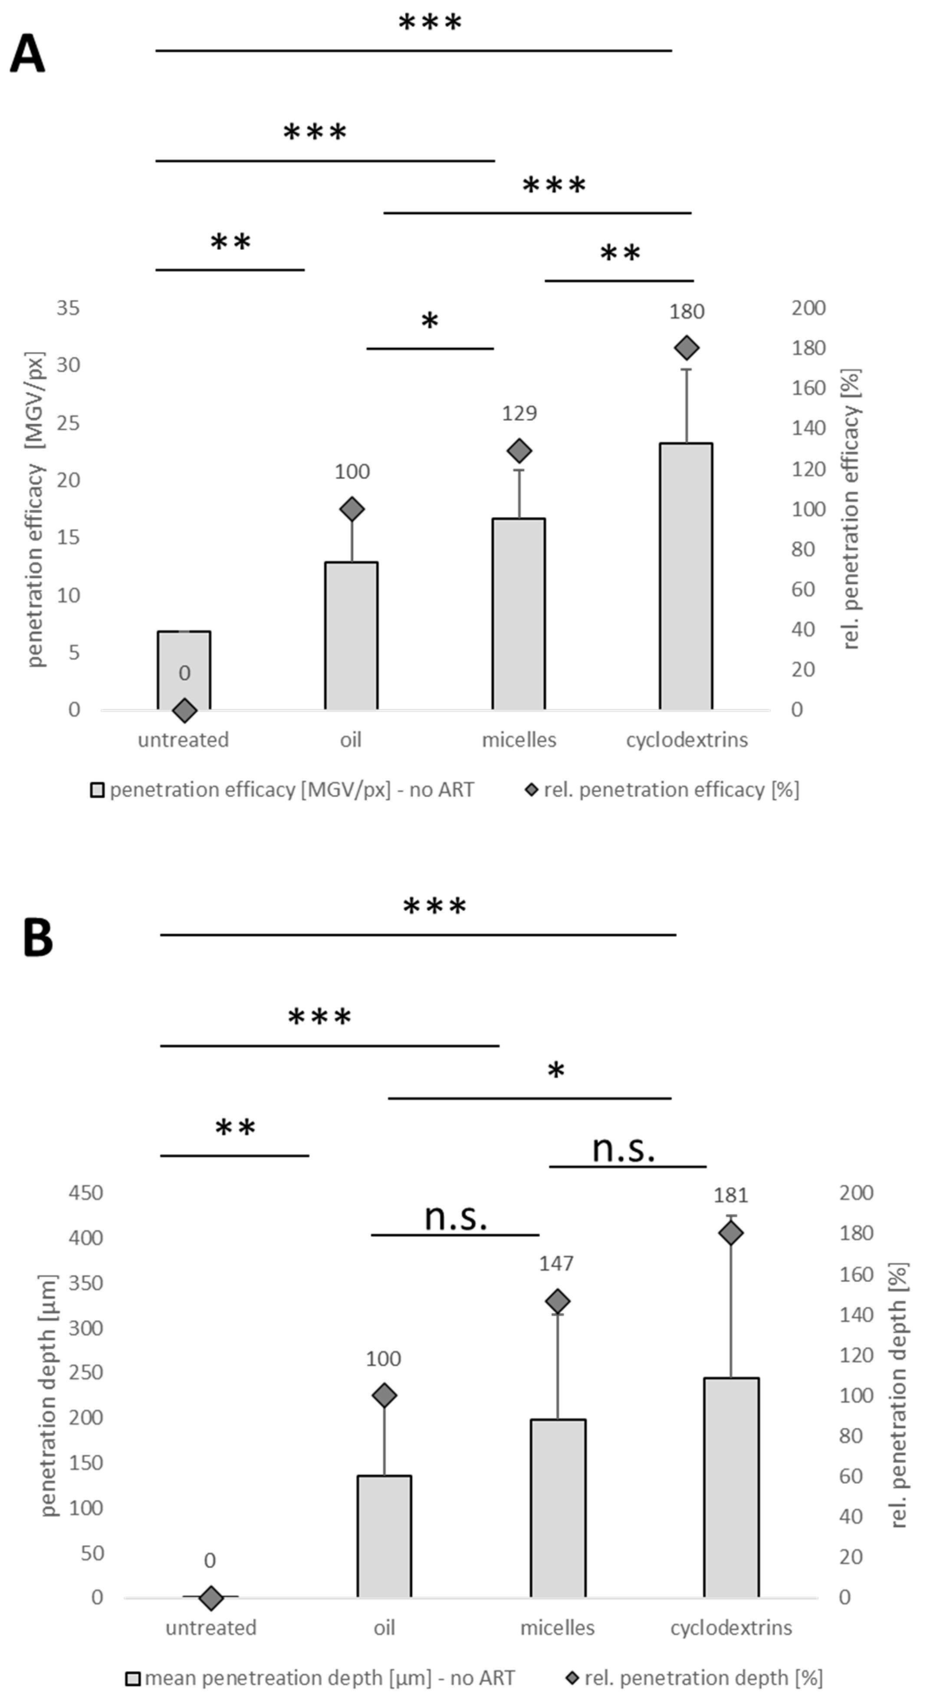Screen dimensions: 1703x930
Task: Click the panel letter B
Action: [38, 937]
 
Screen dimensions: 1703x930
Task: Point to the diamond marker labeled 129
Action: [519, 451]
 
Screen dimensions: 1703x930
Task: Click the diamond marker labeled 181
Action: [730, 1233]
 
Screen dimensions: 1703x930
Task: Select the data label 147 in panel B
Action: [556, 1264]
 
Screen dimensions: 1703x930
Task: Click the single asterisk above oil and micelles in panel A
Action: [430, 322]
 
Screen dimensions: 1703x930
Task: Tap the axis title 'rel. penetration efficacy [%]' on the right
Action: [851, 509]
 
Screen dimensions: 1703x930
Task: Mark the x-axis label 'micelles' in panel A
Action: [519, 740]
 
